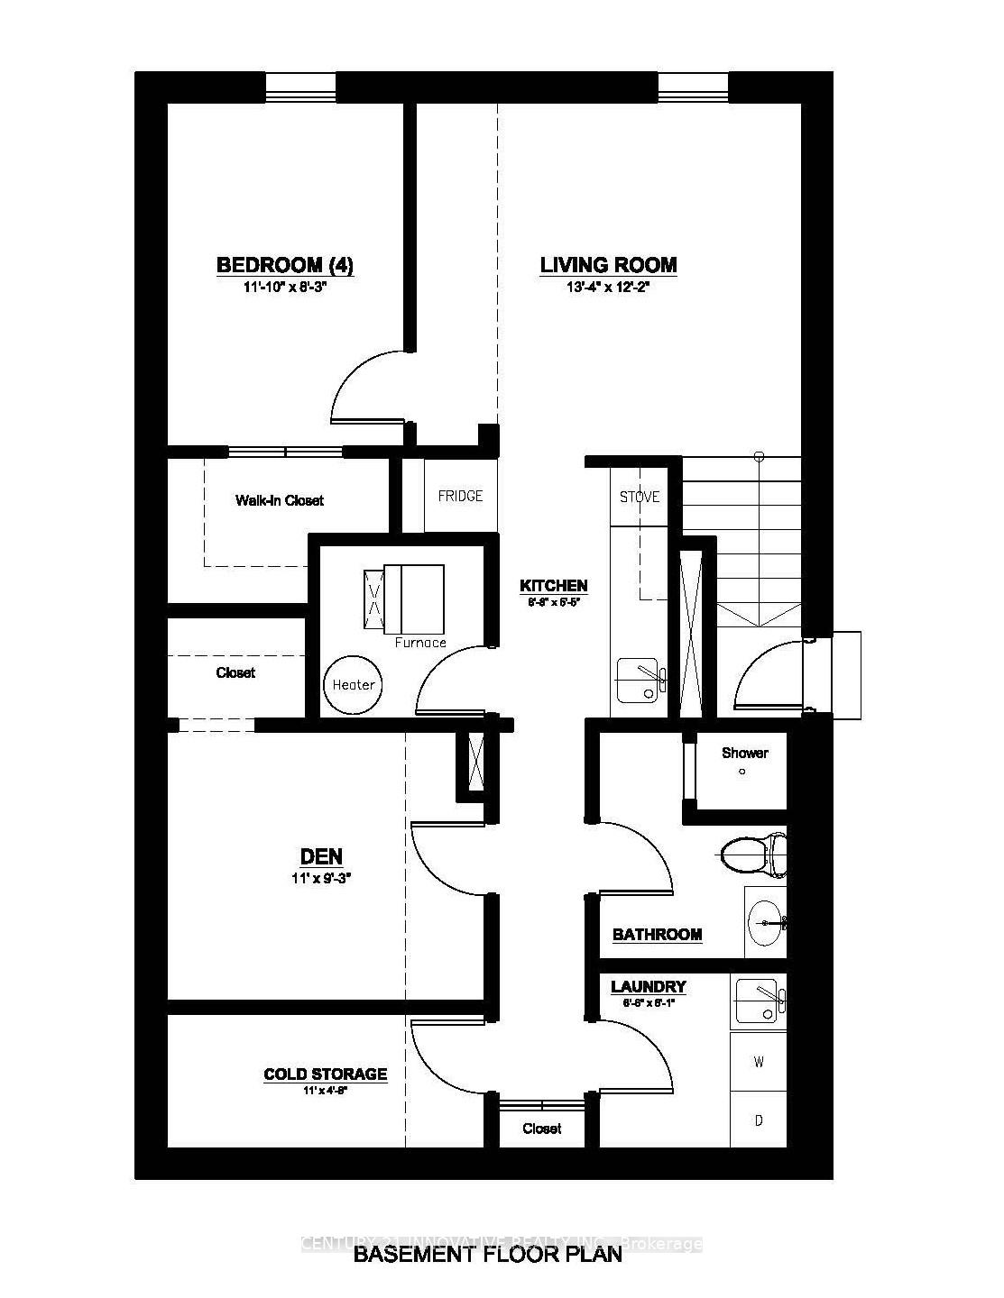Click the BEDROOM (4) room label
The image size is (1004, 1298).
coord(284,265)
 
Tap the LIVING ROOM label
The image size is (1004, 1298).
coord(608,265)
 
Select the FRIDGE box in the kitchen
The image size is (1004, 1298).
coord(460,496)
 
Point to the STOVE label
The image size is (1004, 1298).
coord(639,497)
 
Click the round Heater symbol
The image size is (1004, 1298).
coord(353,684)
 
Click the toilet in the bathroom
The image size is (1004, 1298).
coord(754,854)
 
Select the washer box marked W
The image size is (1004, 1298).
coord(758,1062)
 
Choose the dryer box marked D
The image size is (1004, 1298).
coord(758,1120)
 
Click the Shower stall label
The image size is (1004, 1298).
coord(744,753)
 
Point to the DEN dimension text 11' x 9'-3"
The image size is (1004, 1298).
coord(320,879)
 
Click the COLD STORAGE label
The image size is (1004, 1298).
coord(325,1074)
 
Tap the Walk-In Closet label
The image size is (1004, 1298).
coord(279,500)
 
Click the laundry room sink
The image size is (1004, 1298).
coord(758,1002)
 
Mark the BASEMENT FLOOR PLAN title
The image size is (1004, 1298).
coord(487,1254)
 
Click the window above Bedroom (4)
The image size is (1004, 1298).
coord(300,88)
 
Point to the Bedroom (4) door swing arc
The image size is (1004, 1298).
coord(361,383)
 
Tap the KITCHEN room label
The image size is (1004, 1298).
coord(553,586)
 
